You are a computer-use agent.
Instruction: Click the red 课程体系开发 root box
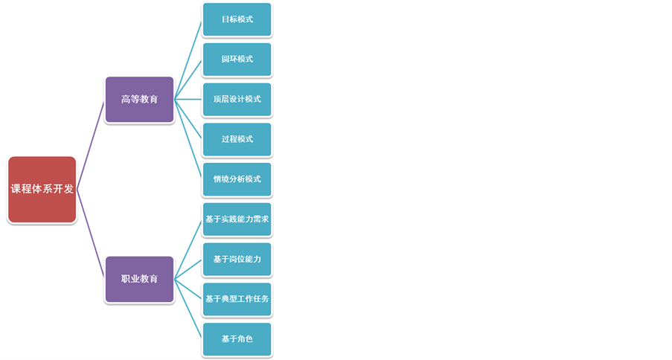(x=42, y=190)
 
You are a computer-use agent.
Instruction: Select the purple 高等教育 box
(x=139, y=99)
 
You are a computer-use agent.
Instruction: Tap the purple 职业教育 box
(x=139, y=279)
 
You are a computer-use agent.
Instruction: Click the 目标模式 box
(x=237, y=19)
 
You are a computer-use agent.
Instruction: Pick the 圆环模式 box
(x=237, y=59)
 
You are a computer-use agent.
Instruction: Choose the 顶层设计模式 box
(x=237, y=99)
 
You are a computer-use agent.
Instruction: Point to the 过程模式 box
(x=237, y=139)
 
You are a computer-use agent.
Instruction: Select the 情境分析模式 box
(x=237, y=179)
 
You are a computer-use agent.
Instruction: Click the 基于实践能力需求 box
(x=237, y=219)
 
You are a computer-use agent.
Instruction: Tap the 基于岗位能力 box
(x=237, y=259)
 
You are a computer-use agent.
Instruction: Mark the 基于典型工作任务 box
(x=237, y=299)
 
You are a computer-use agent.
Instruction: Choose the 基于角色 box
(x=237, y=339)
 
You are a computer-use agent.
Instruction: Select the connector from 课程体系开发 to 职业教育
(x=91, y=234)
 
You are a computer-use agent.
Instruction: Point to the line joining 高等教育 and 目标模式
(x=188, y=59)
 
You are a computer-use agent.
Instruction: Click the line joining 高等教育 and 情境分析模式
(x=188, y=139)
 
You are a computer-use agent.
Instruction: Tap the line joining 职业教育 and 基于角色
(x=188, y=309)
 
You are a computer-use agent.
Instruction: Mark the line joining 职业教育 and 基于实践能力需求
(x=188, y=249)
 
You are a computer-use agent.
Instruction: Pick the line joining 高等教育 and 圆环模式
(x=188, y=79)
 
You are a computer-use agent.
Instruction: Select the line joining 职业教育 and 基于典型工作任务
(x=188, y=289)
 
